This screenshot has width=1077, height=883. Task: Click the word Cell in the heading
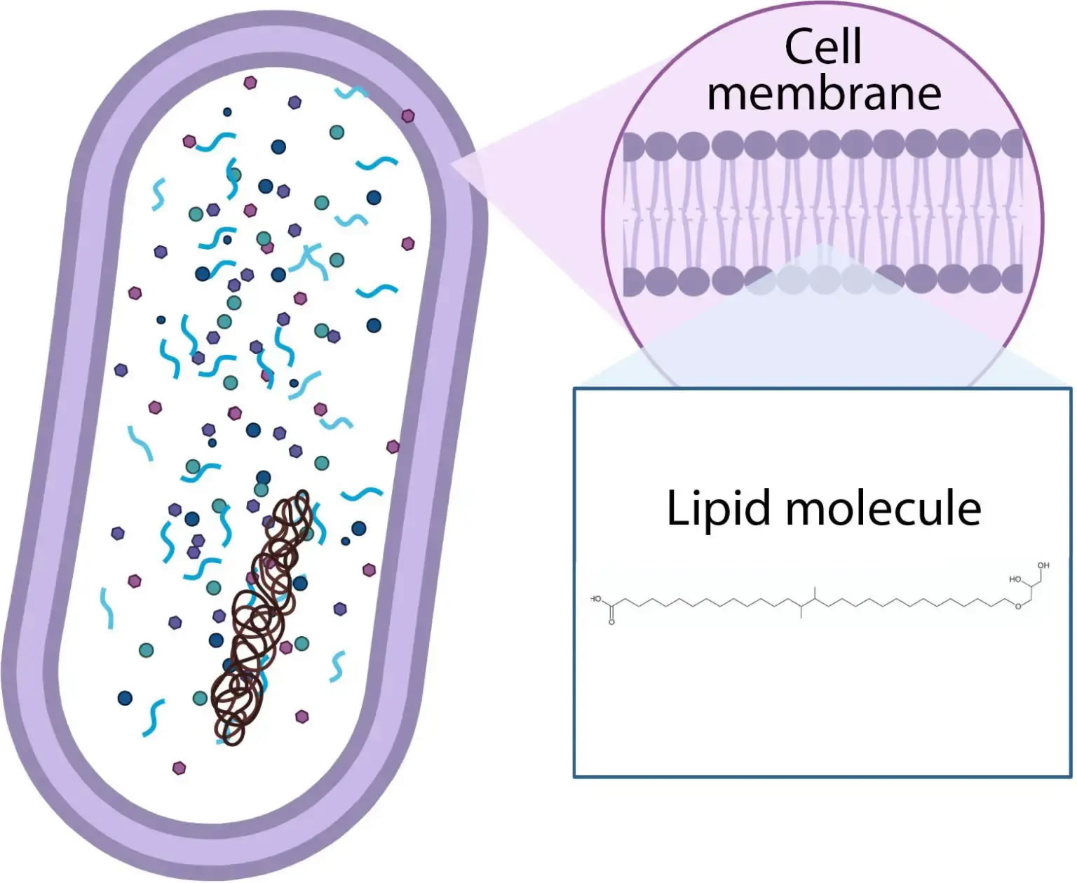[x=822, y=47]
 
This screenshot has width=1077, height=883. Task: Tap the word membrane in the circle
[x=824, y=94]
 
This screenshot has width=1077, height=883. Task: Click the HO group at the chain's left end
[x=596, y=599]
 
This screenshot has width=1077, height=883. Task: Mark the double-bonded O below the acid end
[x=611, y=622]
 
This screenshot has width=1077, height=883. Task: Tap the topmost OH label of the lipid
[x=1043, y=565]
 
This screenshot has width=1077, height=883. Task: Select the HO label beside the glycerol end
[x=1015, y=579]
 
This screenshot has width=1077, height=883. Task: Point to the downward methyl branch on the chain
[x=801, y=613]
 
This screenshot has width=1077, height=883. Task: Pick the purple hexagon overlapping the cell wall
[x=407, y=116]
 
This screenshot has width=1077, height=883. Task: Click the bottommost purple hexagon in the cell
[x=179, y=768]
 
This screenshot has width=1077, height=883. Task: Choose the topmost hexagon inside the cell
[x=250, y=83]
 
